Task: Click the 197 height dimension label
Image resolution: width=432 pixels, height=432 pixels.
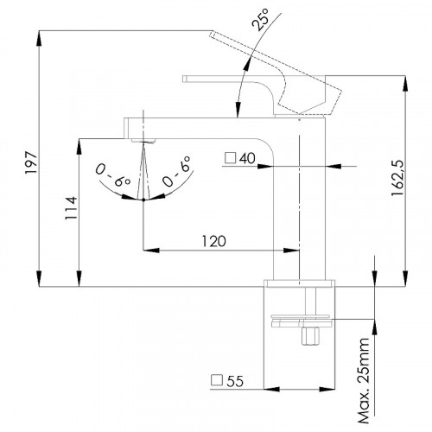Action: pos(31,163)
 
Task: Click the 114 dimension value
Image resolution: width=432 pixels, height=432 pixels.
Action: pos(71,208)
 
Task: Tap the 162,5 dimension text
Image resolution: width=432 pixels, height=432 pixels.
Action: pos(398,178)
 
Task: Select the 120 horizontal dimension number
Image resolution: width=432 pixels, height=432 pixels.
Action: pos(213,241)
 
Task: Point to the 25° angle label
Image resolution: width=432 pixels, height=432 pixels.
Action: pos(260,19)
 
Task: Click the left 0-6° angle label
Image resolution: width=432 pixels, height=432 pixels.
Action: pos(113,175)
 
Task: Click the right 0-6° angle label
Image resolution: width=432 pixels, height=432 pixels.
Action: pos(176,171)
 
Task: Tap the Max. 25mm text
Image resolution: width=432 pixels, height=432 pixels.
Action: pos(363,381)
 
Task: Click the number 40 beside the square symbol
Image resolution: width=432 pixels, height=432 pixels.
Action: pos(247,158)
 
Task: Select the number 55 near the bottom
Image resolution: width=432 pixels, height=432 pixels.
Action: pos(235,381)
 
